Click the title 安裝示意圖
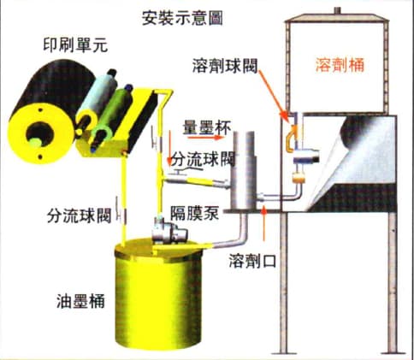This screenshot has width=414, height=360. [182, 18]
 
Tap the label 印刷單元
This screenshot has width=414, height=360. [75, 45]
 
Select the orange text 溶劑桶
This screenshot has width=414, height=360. [340, 65]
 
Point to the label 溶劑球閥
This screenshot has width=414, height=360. [225, 66]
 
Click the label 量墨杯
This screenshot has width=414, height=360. [207, 127]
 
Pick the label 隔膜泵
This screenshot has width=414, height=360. [195, 213]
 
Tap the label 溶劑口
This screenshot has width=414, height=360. [252, 261]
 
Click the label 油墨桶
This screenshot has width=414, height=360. [80, 301]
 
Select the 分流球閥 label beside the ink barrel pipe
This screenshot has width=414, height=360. [79, 215]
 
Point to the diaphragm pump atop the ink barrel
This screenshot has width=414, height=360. [169, 230]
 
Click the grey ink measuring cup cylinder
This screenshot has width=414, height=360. [244, 170]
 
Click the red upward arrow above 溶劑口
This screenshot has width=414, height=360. [264, 222]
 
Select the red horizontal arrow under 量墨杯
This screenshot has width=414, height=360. [205, 138]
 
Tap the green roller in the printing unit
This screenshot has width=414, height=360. [113, 118]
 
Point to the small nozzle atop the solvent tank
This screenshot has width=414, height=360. [338, 11]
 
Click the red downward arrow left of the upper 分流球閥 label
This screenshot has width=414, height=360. [169, 148]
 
